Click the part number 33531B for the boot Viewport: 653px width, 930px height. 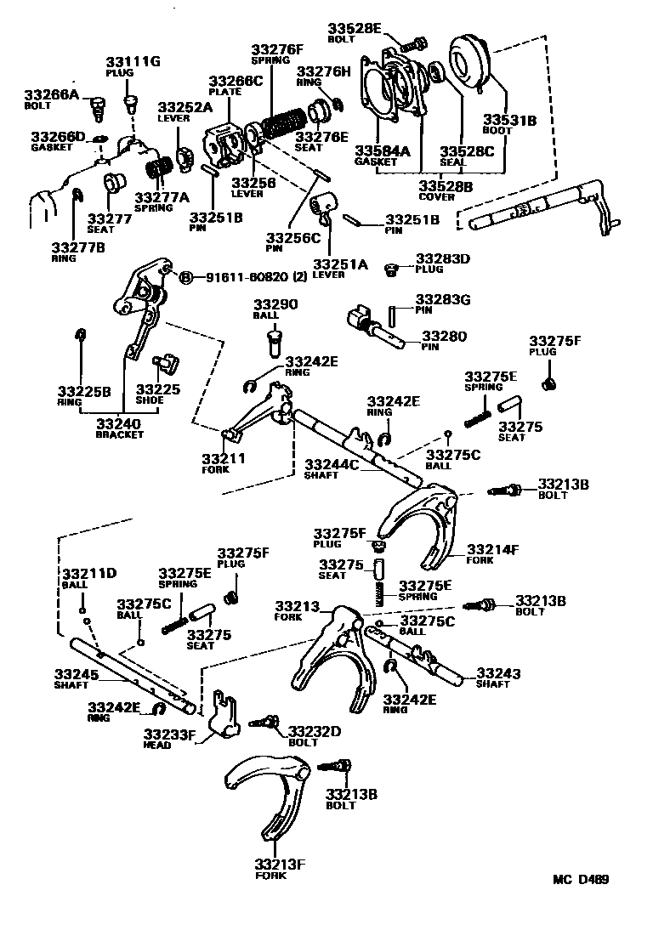point(509,121)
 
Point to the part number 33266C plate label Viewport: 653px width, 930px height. point(236,82)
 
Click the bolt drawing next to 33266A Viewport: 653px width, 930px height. point(96,108)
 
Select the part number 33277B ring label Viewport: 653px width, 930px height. point(76,247)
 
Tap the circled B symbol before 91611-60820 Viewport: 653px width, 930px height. point(187,277)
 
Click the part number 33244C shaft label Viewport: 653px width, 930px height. point(332,464)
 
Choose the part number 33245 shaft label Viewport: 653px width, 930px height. point(77,673)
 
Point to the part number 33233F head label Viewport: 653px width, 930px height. point(169,734)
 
